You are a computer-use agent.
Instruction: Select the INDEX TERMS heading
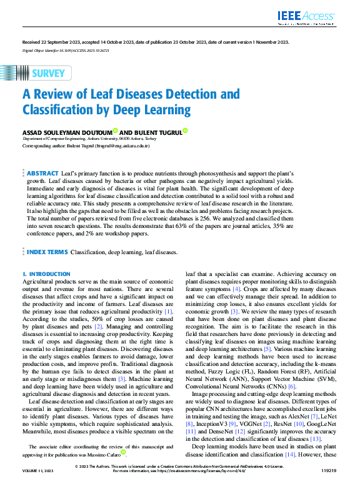(x=47, y=252)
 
